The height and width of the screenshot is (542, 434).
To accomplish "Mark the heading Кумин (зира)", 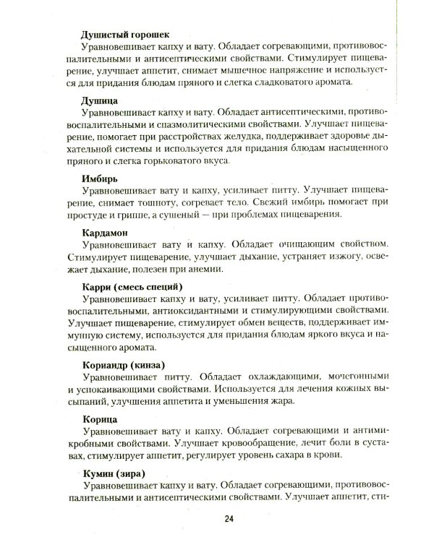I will (x=116, y=474).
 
